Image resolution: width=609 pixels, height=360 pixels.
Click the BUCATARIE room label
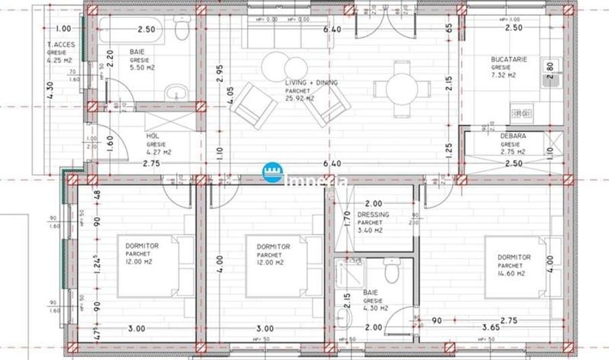(509, 60)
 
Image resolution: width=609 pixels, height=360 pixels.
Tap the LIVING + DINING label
(311, 83)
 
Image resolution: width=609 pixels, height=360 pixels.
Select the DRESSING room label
(374, 215)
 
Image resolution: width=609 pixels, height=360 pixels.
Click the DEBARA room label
(513, 135)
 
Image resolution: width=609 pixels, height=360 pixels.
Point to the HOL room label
(152, 136)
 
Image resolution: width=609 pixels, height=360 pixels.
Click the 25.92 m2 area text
(300, 99)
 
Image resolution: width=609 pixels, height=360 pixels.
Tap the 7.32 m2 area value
(503, 76)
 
